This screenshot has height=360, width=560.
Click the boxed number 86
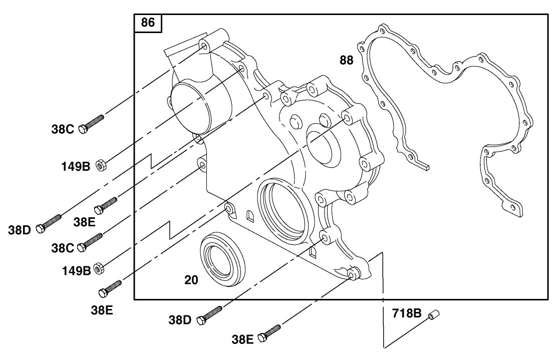tap(148, 23)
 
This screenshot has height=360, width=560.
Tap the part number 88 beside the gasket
tap(346, 61)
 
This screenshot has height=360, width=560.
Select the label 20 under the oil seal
tap(191, 280)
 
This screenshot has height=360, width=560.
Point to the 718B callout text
tap(407, 315)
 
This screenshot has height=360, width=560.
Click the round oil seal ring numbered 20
tap(223, 257)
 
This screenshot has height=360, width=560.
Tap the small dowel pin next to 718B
tap(433, 316)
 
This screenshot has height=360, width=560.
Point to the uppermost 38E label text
tap(84, 222)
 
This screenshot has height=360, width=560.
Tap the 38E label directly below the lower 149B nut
tap(102, 309)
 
